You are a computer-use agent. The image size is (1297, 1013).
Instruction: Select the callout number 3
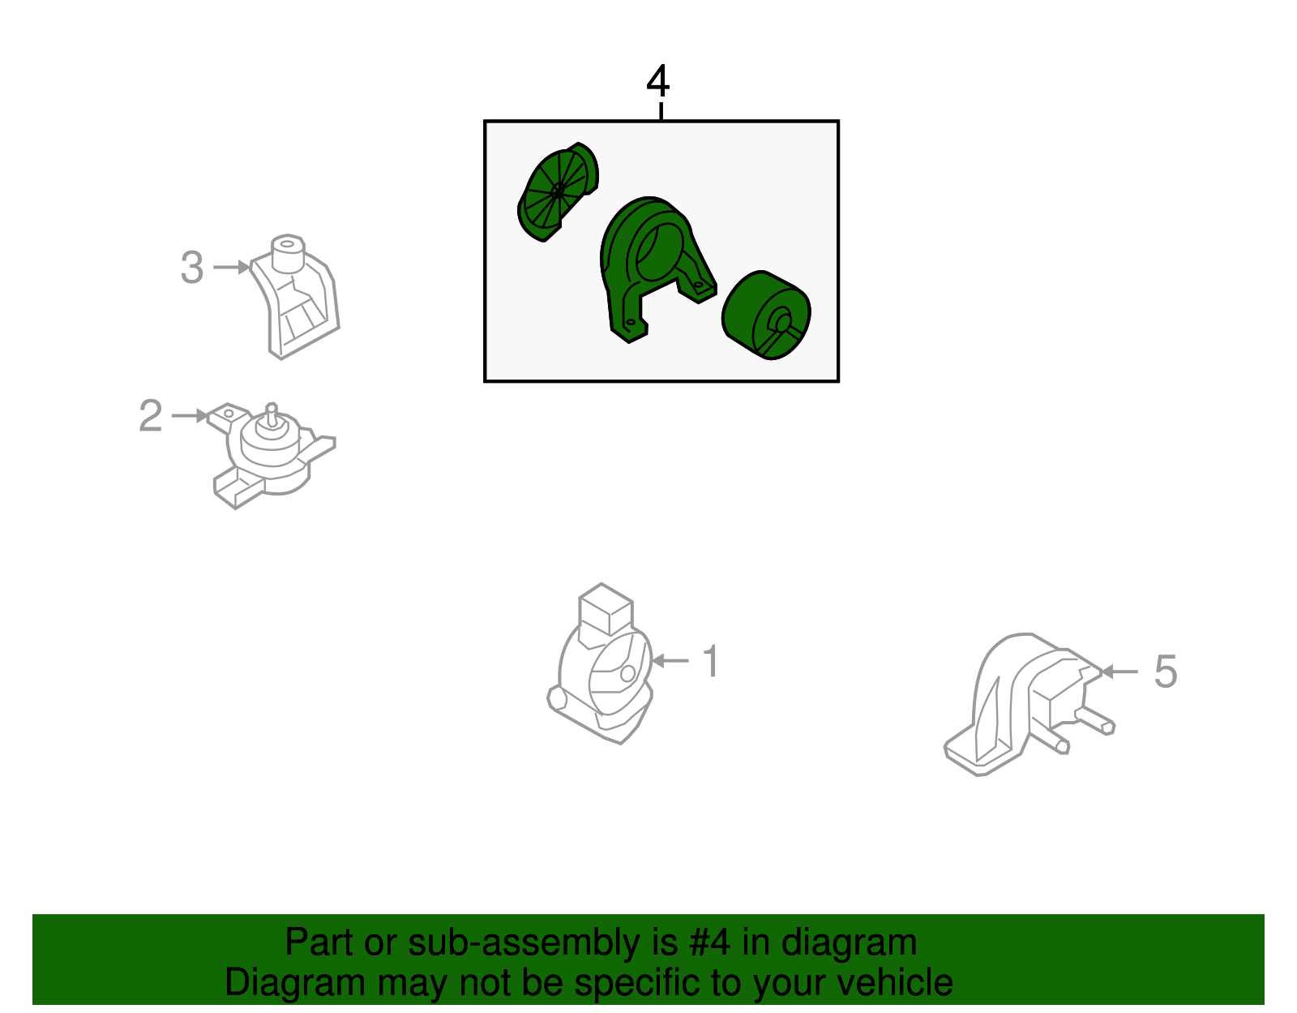(192, 267)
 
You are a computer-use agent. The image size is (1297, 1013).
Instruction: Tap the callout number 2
(151, 415)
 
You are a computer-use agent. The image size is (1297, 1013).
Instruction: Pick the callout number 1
(710, 661)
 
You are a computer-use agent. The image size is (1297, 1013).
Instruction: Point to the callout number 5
(1166, 672)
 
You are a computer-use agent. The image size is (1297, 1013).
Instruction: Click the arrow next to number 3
(232, 267)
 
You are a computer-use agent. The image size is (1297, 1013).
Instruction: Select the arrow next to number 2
(189, 415)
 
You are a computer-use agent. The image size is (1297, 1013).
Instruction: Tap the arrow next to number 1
(670, 661)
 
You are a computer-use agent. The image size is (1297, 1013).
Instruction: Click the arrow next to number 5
(1119, 672)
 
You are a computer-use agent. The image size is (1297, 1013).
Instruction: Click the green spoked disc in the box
(557, 192)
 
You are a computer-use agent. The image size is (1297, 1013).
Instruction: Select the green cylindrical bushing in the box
(766, 315)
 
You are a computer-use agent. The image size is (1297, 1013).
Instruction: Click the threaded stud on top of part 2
(272, 414)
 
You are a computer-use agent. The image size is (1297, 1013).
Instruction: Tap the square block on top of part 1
(606, 610)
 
